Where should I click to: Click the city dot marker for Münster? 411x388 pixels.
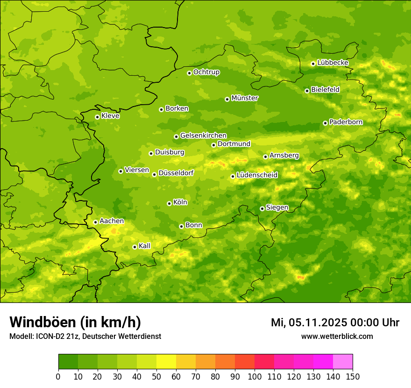pyautogui.click(x=227, y=99)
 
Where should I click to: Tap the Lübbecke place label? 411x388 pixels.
pyautogui.click(x=333, y=63)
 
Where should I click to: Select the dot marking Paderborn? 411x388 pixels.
pyautogui.click(x=325, y=123)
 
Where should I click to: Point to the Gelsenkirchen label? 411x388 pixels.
pyautogui.click(x=203, y=136)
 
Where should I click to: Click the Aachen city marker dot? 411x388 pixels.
pyautogui.click(x=95, y=222)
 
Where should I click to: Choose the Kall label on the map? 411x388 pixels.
pyautogui.click(x=144, y=246)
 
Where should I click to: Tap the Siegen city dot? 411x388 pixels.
pyautogui.click(x=262, y=208)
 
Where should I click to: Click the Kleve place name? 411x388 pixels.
pyautogui.click(x=110, y=116)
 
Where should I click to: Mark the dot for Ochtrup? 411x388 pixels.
pyautogui.click(x=189, y=73)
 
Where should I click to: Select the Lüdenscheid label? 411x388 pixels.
pyautogui.click(x=257, y=175)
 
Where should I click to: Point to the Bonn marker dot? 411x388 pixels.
pyautogui.click(x=182, y=226)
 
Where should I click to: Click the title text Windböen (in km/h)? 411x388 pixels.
pyautogui.click(x=75, y=323)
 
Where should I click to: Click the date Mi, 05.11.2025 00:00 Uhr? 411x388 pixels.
pyautogui.click(x=335, y=323)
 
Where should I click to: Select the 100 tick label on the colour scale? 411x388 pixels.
pyautogui.click(x=255, y=377)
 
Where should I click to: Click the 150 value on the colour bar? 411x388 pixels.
pyautogui.click(x=353, y=377)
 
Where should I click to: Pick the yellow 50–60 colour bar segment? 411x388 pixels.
pyautogui.click(x=166, y=362)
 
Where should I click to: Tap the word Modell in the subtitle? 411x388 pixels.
pyautogui.click(x=21, y=337)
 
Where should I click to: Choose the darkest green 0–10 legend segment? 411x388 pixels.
pyautogui.click(x=68, y=362)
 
